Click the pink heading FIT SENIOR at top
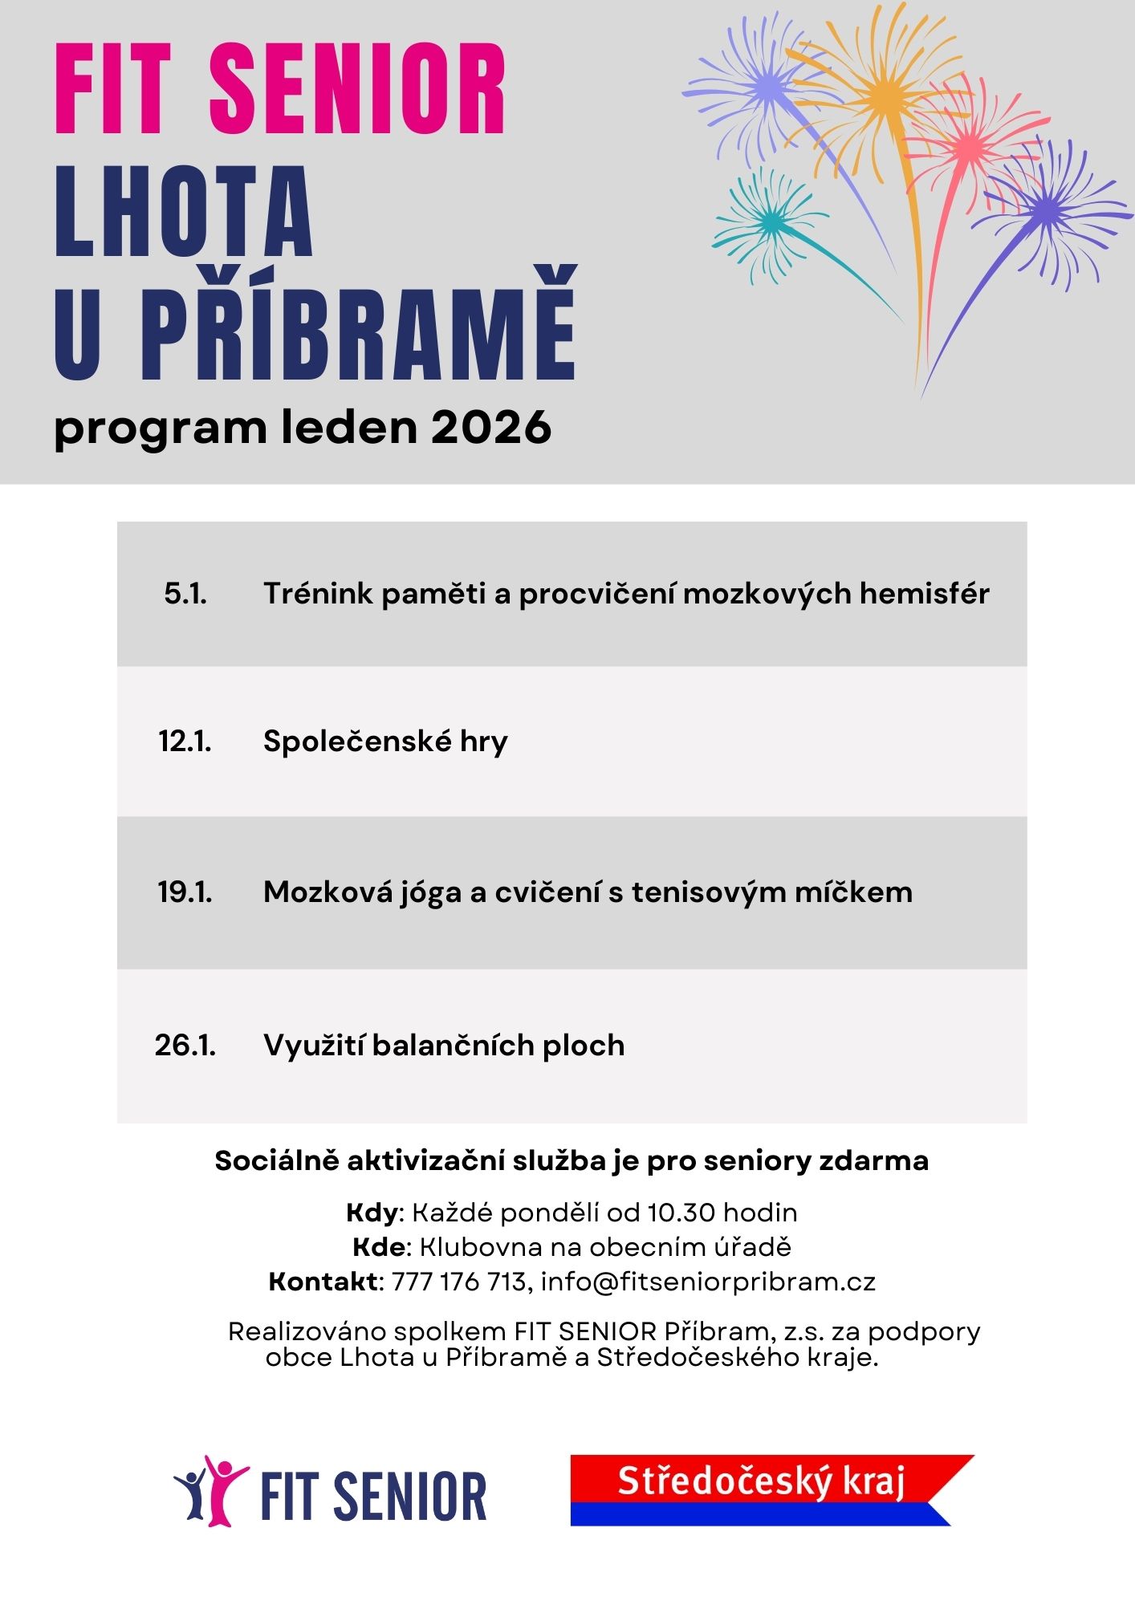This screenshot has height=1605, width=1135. [280, 89]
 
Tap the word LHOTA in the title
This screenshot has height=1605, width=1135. [184, 212]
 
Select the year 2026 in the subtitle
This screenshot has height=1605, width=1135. [491, 428]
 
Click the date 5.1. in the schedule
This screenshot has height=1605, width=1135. [185, 594]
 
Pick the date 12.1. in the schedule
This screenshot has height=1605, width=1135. [185, 741]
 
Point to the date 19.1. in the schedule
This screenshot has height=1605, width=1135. [185, 892]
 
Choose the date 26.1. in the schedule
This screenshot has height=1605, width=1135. [185, 1045]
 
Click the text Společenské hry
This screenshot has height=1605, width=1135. [385, 742]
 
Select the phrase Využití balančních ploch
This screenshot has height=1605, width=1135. [444, 1046]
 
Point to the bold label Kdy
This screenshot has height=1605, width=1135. [372, 1212]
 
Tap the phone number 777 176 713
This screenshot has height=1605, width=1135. [458, 1282]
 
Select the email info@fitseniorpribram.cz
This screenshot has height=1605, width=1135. [708, 1282]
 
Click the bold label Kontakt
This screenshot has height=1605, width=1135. [323, 1282]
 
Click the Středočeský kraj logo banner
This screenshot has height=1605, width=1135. [761, 1489]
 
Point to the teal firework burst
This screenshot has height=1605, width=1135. [769, 223]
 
